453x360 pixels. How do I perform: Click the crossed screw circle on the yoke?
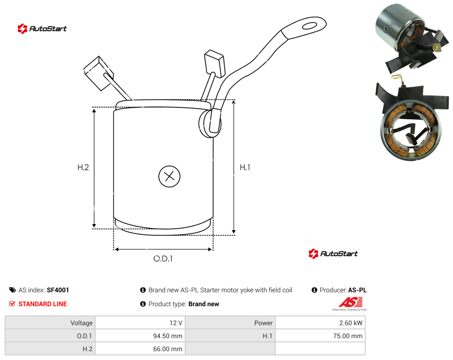169,176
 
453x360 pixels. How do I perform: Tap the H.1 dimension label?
245,167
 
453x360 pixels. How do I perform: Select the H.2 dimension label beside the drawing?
83,167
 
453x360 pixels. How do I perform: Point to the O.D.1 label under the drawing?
163,259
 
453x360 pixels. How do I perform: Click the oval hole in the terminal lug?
310,26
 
